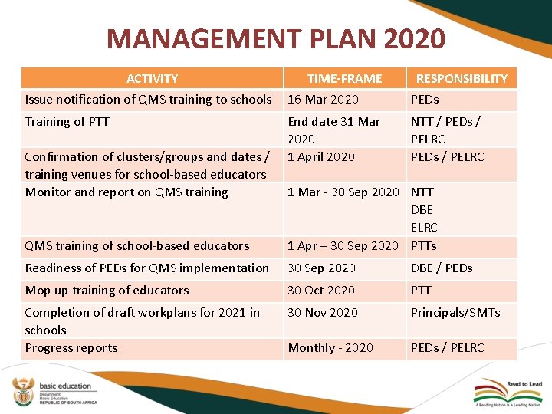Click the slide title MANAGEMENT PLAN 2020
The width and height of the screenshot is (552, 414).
click(275, 38)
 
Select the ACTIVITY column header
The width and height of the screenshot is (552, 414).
click(152, 78)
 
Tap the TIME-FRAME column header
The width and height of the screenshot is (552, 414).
click(344, 78)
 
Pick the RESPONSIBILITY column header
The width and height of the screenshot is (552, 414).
click(461, 78)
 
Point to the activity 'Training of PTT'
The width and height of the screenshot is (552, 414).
click(67, 121)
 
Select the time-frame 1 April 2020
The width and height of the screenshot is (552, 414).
click(321, 156)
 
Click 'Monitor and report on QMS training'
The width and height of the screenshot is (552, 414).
click(127, 192)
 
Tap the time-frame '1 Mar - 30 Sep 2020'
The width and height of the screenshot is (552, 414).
click(343, 192)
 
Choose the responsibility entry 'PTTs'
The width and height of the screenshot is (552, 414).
click(424, 245)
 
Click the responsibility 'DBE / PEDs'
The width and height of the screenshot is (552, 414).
click(442, 268)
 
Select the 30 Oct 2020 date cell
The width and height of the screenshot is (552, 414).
click(321, 290)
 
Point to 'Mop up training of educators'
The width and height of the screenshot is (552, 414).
click(107, 290)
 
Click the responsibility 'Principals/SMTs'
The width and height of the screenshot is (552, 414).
click(455, 312)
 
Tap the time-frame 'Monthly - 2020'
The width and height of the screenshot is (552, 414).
click(330, 347)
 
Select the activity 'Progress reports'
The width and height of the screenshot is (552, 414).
click(71, 347)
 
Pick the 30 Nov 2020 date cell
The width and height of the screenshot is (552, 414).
click(323, 312)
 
